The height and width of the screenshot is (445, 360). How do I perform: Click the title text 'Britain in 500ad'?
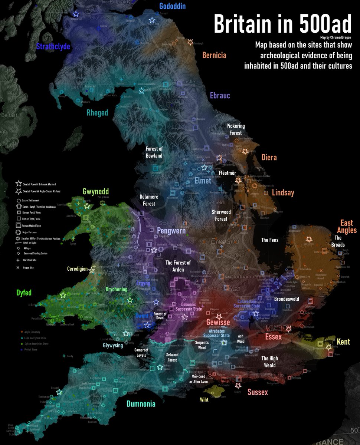[282, 24]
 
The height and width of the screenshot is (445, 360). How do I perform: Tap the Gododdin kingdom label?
[172, 6]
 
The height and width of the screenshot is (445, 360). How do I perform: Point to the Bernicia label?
[214, 56]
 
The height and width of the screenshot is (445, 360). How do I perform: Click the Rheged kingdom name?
[97, 113]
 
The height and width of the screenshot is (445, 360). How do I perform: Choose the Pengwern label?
[171, 230]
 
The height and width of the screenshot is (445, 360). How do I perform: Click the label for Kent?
[343, 342]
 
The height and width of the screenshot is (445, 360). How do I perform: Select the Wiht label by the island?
[204, 400]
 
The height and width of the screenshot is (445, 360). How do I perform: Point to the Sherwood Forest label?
[221, 215]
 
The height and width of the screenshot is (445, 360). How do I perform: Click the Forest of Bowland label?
[154, 152]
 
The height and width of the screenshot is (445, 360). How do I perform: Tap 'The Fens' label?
[270, 240]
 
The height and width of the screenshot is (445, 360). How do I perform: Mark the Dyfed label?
[24, 293]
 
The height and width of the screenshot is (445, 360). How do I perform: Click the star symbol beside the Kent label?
[328, 347]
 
